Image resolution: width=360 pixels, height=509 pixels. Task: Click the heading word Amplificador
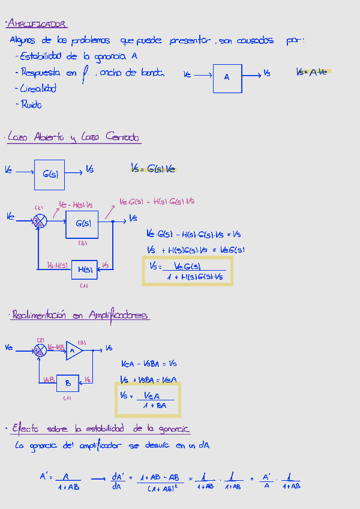[x=37, y=24]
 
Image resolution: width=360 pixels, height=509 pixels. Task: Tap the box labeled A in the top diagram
[x=227, y=77]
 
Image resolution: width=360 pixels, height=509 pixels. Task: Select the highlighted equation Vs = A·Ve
[x=313, y=72]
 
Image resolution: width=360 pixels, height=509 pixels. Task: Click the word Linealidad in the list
[x=38, y=88]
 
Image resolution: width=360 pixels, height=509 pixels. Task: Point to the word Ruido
[x=31, y=104]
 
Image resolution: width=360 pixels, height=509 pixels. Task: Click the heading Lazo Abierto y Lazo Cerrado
[x=73, y=137]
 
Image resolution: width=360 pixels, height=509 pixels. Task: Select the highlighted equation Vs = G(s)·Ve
[x=154, y=169]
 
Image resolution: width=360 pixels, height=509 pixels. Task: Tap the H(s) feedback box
[x=83, y=270]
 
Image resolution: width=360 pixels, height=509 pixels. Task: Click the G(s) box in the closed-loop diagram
[x=82, y=224]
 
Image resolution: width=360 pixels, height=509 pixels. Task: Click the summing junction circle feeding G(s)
[x=39, y=221]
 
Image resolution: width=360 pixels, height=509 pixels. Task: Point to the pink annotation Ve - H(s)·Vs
[x=76, y=205]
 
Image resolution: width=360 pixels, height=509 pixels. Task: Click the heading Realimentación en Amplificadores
[x=80, y=315]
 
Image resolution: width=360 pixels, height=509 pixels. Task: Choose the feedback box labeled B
[x=68, y=382]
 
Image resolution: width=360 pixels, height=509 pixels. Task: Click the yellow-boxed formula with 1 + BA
[x=148, y=400]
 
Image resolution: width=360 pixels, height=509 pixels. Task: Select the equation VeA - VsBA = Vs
[x=149, y=364]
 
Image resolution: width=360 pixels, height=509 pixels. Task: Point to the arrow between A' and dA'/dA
[x=98, y=478]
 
